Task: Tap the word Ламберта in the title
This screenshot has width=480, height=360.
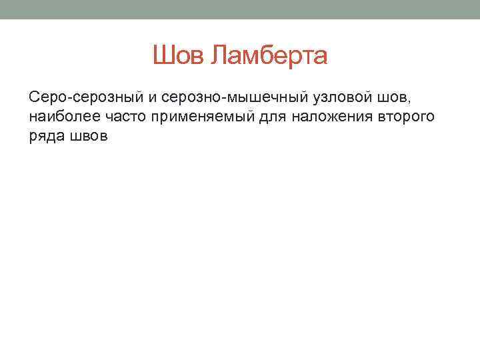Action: coord(269,56)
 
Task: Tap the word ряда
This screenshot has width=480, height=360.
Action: coord(45,137)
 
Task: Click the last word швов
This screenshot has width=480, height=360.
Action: coord(86,137)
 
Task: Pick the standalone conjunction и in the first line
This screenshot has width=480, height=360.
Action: coord(152,99)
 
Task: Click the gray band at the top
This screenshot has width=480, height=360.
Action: coord(240,9)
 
